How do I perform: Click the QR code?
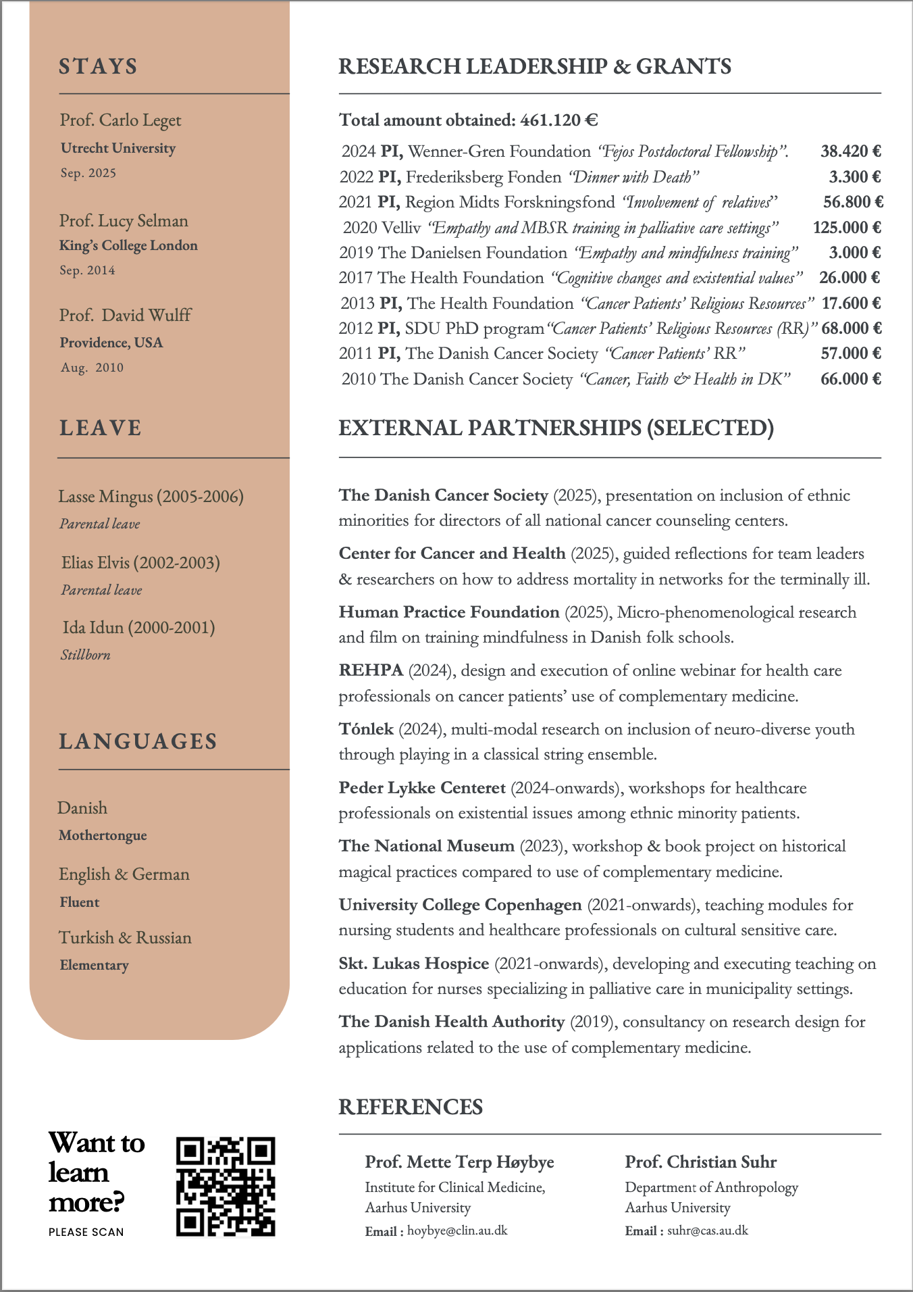tap(226, 1186)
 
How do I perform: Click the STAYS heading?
tap(99, 66)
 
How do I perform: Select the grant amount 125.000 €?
tap(847, 228)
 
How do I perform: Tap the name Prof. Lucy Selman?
tap(124, 221)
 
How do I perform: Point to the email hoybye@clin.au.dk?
tap(457, 1231)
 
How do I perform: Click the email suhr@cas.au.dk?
tap(708, 1231)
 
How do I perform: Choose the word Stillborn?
tap(85, 655)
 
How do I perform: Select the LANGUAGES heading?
tap(138, 741)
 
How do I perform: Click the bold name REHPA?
tap(371, 670)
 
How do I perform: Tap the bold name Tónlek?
tap(366, 729)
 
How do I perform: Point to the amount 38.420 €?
tap(851, 151)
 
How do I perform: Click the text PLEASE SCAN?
tap(86, 1232)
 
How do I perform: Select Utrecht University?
tap(118, 148)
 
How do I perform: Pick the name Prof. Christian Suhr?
tap(700, 1162)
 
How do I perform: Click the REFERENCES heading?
tap(411, 1107)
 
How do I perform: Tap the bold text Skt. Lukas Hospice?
tap(414, 964)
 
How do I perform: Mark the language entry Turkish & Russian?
tap(125, 938)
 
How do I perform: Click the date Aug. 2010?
tap(93, 368)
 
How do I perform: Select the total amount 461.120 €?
tap(559, 120)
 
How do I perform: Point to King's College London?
tap(128, 245)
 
